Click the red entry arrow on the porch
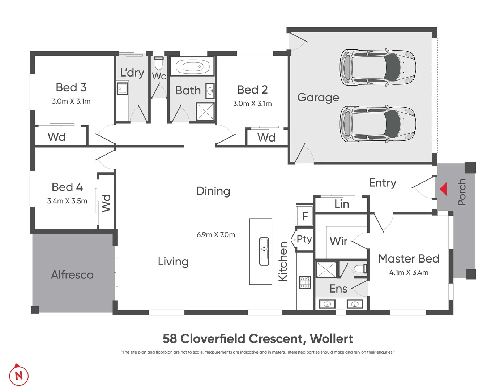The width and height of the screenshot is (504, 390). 444,189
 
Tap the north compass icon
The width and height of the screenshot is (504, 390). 18,375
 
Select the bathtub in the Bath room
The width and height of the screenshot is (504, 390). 192,67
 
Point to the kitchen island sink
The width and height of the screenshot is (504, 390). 264,251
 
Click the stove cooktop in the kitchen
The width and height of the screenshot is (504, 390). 305,282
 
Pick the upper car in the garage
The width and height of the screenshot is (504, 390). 378,68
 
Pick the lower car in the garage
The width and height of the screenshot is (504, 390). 378,124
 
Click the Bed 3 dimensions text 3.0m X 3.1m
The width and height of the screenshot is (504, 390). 71,101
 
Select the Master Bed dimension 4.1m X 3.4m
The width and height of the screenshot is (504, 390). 409,273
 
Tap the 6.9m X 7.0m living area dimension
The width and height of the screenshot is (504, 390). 216,235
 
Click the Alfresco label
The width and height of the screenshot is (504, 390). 72,275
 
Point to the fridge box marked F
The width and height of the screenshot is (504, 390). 305,216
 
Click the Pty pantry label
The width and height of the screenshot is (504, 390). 304,239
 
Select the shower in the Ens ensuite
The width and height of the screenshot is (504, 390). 326,269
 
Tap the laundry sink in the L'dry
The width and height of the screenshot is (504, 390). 123,88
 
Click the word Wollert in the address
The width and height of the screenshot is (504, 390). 331,339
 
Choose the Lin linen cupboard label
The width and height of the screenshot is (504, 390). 342,204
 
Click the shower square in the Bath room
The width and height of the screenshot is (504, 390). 205,112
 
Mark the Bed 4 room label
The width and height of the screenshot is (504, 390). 67,187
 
